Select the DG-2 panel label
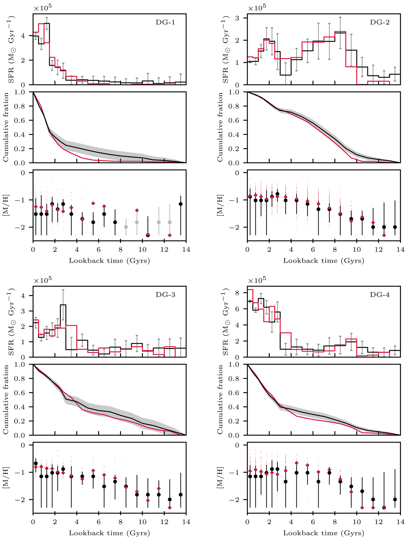point(379,23)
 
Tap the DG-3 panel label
point(165,295)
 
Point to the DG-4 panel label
point(379,295)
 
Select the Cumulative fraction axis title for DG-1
point(6,127)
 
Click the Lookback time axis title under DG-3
point(109,533)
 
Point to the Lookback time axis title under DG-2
point(323,261)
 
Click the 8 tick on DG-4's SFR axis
point(241,293)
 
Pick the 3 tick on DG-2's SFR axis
point(241,18)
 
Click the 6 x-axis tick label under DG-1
point(99,250)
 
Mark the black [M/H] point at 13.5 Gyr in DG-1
point(181,204)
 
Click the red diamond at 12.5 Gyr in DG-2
point(384,235)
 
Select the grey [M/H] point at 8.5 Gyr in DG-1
point(126,227)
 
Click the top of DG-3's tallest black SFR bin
point(63,305)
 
